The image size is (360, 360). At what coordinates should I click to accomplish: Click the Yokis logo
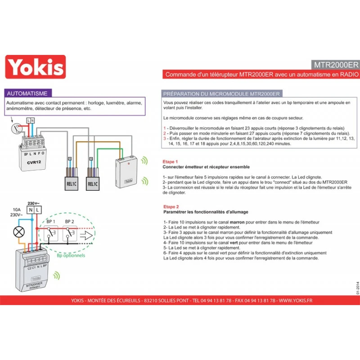click(x=35, y=67)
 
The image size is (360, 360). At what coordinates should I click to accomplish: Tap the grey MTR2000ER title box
click(x=335, y=64)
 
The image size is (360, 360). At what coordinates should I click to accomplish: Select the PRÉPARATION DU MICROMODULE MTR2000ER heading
click(x=221, y=94)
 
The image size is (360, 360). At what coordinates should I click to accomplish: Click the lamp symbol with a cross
click(x=19, y=232)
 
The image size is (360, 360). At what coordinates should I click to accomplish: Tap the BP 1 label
click(x=50, y=222)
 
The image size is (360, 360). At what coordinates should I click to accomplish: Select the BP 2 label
click(x=70, y=222)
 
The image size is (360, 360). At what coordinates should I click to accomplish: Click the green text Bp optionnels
click(x=71, y=256)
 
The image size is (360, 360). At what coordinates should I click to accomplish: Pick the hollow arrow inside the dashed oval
click(x=88, y=235)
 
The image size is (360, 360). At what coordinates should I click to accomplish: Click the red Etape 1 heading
click(x=171, y=161)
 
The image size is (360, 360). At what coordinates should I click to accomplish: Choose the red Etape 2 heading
click(x=171, y=206)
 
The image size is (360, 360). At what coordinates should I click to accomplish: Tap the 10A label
click(x=17, y=210)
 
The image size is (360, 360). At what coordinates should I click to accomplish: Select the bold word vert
click(x=234, y=243)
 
